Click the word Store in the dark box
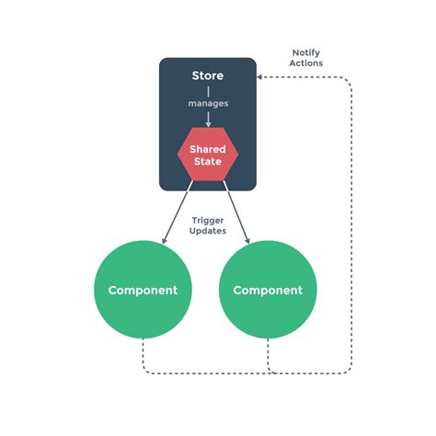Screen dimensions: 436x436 (207, 75)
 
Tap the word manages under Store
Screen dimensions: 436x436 (208, 103)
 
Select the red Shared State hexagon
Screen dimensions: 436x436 (207, 155)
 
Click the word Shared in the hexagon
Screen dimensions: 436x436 (208, 148)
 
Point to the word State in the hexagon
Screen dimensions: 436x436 (208, 162)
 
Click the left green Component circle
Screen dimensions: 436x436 (143, 290)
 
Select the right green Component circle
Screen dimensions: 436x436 (268, 290)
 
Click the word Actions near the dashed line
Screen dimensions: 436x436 (305, 63)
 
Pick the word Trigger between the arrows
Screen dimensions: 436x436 (208, 220)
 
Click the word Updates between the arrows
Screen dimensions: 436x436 (208, 232)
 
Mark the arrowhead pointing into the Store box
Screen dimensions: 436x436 (261, 77)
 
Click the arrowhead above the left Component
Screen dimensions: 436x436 (165, 241)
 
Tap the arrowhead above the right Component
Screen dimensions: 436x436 (248, 241)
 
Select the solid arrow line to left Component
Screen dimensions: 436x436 (178, 212)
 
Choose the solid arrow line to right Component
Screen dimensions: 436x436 (235, 212)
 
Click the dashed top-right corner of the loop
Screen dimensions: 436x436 (349, 80)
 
